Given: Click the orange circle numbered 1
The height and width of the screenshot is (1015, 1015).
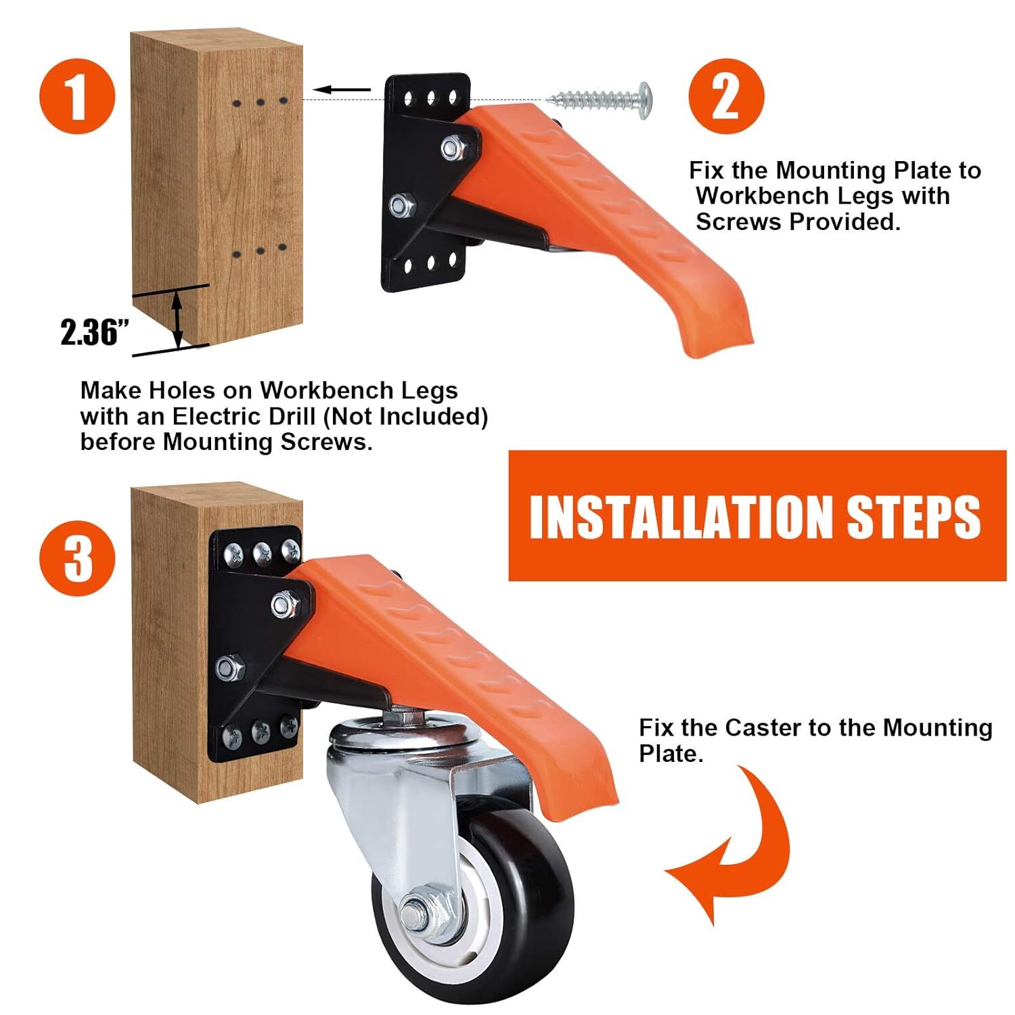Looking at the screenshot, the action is (x=77, y=97).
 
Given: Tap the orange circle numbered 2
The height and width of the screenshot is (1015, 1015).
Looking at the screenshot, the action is (x=726, y=97).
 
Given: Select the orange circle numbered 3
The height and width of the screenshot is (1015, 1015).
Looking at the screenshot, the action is (x=77, y=558).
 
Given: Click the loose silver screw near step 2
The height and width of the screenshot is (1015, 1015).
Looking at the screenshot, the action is (x=600, y=99).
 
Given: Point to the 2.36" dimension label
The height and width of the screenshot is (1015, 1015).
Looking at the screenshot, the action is (x=95, y=332).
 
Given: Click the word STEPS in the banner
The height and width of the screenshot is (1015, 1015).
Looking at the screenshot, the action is (x=914, y=516).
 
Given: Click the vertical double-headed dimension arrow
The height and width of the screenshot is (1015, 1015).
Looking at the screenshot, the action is (x=177, y=318).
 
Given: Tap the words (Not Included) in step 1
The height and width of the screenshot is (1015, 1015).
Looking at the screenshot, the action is (x=405, y=417).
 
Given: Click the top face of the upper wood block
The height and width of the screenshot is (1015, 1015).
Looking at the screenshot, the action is (x=217, y=39).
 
